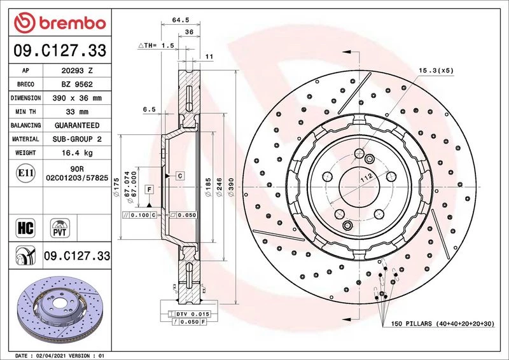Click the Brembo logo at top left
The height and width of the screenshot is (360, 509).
tap(60, 23)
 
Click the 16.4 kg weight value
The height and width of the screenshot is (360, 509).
tap(77, 153)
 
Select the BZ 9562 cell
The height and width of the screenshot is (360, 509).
tap(77, 85)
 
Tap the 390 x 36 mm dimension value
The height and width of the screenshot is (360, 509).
tap(77, 98)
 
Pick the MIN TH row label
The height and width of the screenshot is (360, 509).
tap(25, 112)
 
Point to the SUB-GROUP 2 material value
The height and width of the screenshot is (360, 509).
tap(77, 139)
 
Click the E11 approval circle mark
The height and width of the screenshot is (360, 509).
tap(25, 173)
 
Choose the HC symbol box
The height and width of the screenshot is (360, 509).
tap(25, 228)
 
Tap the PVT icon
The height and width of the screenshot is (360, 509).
tap(60, 228)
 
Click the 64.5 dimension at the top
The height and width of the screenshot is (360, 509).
tap(181, 20)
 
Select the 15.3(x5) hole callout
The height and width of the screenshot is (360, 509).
tap(436, 71)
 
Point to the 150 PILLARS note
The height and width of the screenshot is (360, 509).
tap(442, 324)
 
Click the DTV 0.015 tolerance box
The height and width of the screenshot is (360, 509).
tap(189, 314)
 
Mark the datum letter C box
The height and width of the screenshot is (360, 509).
tap(180, 176)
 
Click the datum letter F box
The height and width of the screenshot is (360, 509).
tap(149, 190)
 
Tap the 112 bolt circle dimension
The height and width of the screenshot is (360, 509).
tap(366, 178)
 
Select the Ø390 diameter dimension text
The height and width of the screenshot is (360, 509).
tap(231, 187)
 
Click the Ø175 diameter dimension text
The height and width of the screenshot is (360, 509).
tap(116, 187)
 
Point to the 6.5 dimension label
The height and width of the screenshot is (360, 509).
tap(150, 109)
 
